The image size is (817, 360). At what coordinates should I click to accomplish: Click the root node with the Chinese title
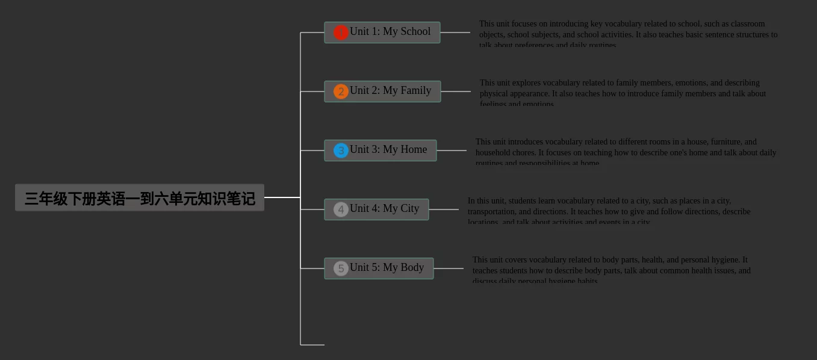[139, 197]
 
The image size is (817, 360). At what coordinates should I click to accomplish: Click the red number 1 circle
[341, 33]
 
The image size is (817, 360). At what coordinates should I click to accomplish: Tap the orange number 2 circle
[341, 92]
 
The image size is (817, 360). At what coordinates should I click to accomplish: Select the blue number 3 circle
[341, 151]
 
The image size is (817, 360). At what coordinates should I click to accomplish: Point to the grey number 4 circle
[341, 209]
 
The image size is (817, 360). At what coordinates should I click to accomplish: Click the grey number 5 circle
[341, 268]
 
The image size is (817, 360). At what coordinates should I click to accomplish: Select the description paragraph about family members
[623, 93]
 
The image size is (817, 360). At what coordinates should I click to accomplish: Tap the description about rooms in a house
[626, 152]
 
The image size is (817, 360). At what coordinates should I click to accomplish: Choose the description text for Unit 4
[609, 211]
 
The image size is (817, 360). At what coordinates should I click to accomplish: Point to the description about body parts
[611, 270]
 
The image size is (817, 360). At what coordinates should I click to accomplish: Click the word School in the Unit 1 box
[415, 31]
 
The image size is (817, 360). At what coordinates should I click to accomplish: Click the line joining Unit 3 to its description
[452, 151]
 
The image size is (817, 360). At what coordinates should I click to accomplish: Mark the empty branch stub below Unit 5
[312, 345]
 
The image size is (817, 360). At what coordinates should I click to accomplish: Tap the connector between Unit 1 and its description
[455, 33]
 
